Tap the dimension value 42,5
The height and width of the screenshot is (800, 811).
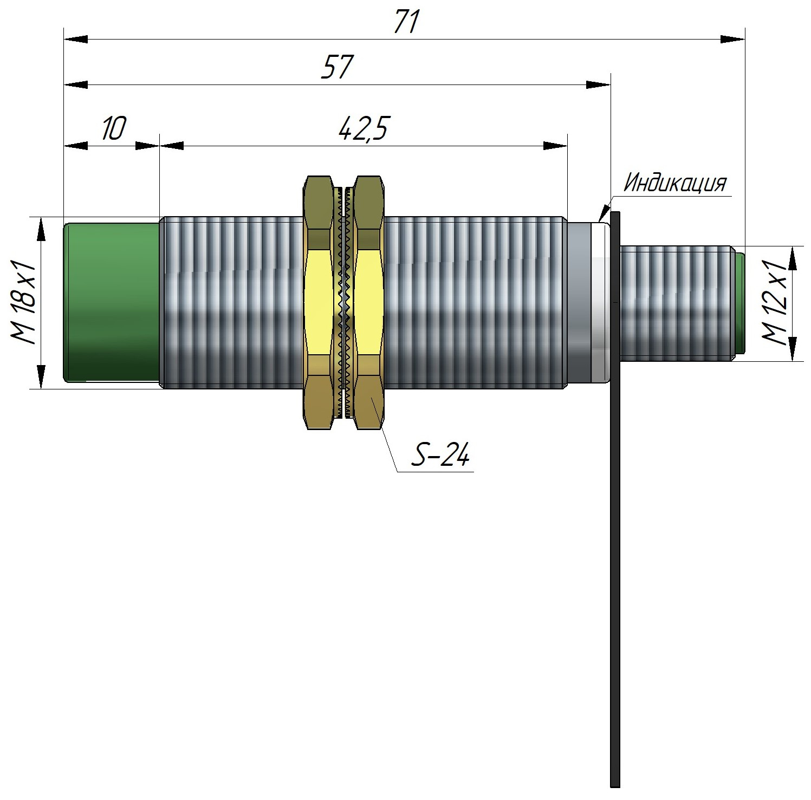pos(362,129)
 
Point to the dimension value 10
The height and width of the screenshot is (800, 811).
pos(113,129)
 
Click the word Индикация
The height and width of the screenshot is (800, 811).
pos(674,183)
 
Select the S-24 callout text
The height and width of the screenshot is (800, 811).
pos(440,456)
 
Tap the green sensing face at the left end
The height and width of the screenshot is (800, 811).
pos(111,302)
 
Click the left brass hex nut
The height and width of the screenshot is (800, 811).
pos(319,302)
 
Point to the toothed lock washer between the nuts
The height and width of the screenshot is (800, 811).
pos(343,302)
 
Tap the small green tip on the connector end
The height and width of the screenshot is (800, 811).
pos(739,302)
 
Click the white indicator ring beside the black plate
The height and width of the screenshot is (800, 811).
pos(600,302)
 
